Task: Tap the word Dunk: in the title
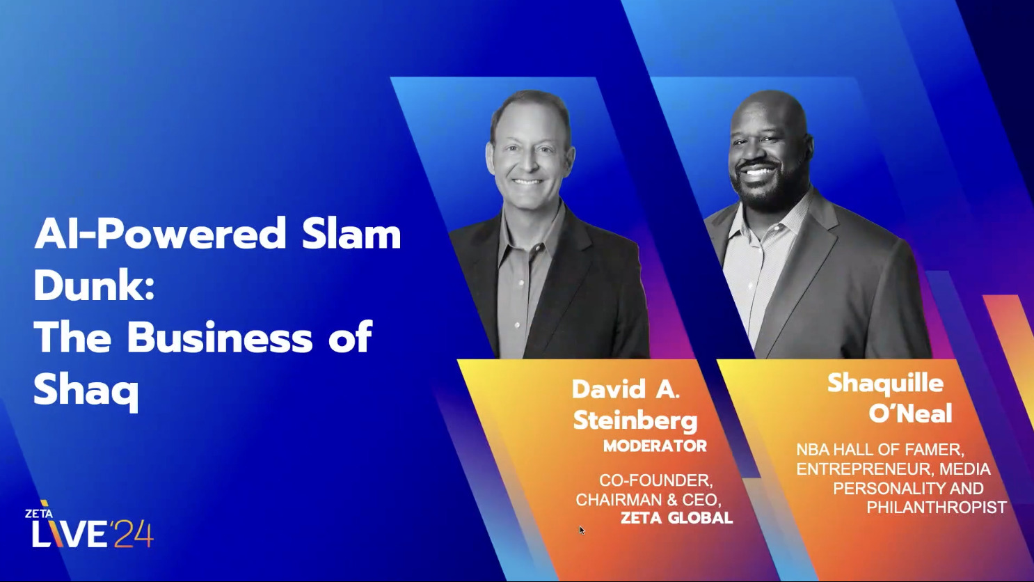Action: pyautogui.click(x=94, y=285)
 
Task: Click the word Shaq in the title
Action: pyautogui.click(x=86, y=391)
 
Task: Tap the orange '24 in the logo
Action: pyautogui.click(x=132, y=534)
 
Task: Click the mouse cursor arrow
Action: pyautogui.click(x=582, y=530)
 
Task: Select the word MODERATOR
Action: pyautogui.click(x=655, y=446)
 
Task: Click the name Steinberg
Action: pyautogui.click(x=635, y=420)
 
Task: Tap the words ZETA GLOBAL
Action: pyautogui.click(x=676, y=518)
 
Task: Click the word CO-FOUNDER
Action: pyautogui.click(x=655, y=480)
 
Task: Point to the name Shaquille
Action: pyautogui.click(x=885, y=384)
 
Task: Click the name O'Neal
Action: pyautogui.click(x=910, y=414)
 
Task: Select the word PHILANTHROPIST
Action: pyautogui.click(x=936, y=508)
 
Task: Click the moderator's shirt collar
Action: pyautogui.click(x=519, y=240)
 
